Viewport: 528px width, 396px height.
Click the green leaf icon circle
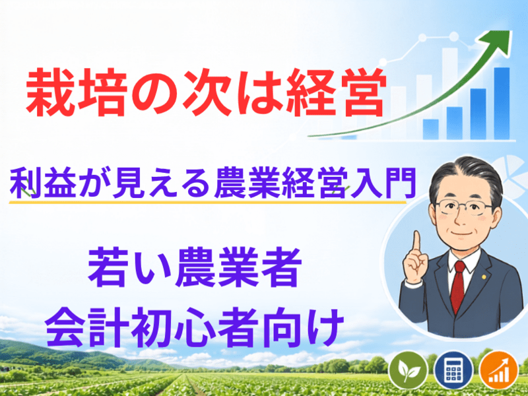[x=409, y=371]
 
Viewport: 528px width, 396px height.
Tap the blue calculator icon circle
[x=454, y=371]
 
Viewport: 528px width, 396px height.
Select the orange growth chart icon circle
[x=500, y=371]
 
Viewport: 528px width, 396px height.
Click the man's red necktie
[x=457, y=286]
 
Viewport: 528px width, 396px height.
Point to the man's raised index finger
[x=417, y=243]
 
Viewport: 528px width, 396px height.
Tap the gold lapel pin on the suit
[x=484, y=277]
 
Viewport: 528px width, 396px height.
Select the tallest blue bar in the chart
[x=502, y=104]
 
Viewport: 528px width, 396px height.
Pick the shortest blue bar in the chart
[x=431, y=129]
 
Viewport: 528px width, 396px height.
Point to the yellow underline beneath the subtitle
[x=207, y=203]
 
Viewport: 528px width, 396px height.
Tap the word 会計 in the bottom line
[x=87, y=327]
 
